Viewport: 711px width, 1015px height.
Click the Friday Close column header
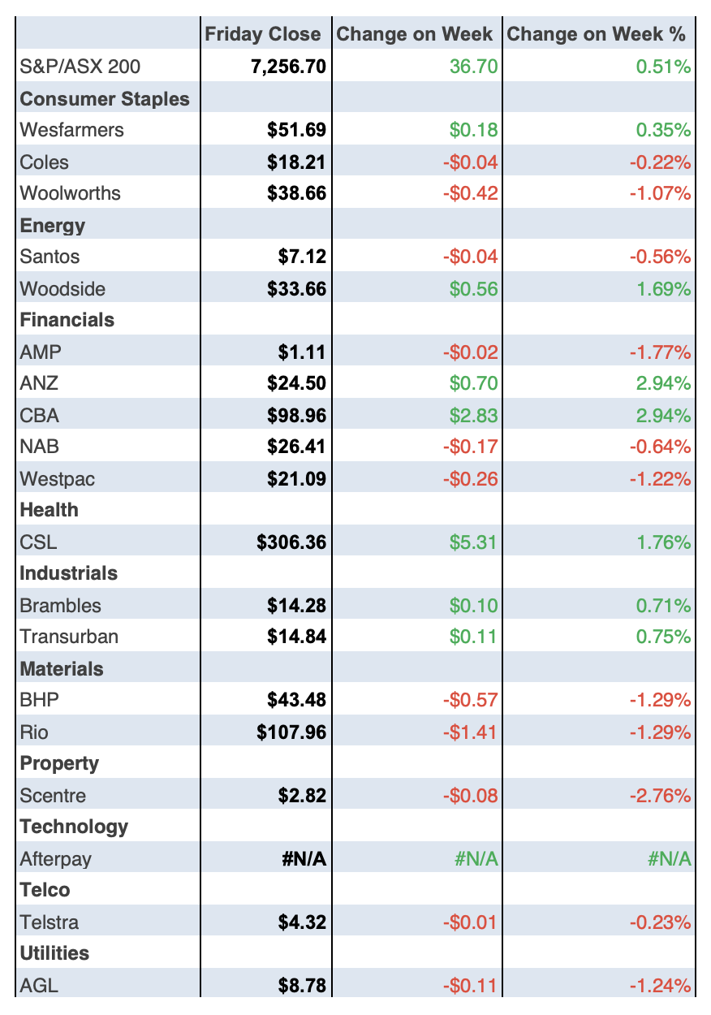(262, 34)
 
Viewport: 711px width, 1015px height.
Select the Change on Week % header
(596, 34)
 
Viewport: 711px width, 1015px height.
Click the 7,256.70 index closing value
(288, 67)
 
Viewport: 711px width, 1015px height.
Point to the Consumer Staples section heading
(105, 99)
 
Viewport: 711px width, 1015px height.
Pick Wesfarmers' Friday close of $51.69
(296, 130)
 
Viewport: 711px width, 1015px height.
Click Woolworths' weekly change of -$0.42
(470, 193)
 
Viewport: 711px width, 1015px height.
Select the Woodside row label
(62, 289)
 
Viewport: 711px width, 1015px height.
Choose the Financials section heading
(67, 320)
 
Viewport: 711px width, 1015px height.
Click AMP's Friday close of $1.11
(301, 352)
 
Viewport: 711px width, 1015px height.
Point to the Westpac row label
(57, 479)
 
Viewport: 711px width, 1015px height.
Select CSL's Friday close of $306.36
(291, 542)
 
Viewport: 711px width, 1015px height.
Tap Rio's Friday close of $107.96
(291, 732)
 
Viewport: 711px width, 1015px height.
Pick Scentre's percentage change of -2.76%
(661, 796)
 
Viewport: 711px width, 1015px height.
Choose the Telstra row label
(49, 922)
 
